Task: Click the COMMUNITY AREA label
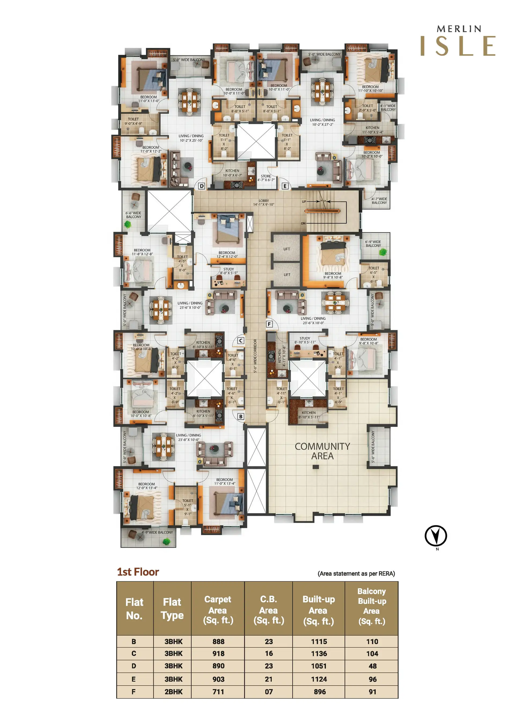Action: point(322,451)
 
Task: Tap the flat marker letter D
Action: point(201,186)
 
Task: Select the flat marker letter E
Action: point(285,186)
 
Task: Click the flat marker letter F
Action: point(269,324)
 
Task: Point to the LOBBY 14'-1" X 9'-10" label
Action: point(264,202)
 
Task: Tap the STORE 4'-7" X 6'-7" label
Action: point(266,178)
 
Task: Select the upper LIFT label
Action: point(287,249)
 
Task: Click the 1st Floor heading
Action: point(138,572)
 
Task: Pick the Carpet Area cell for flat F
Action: point(218,691)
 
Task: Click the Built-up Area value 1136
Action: point(319,653)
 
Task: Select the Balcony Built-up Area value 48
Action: point(372,666)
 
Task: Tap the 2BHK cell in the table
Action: point(173,691)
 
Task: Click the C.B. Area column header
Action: point(269,610)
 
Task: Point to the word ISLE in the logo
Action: point(458,46)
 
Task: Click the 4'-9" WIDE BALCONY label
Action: point(157,532)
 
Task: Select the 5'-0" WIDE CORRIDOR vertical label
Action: point(255,356)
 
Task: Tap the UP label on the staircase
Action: point(304,202)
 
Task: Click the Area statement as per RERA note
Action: point(356,574)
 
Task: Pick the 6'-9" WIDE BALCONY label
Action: point(373,244)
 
